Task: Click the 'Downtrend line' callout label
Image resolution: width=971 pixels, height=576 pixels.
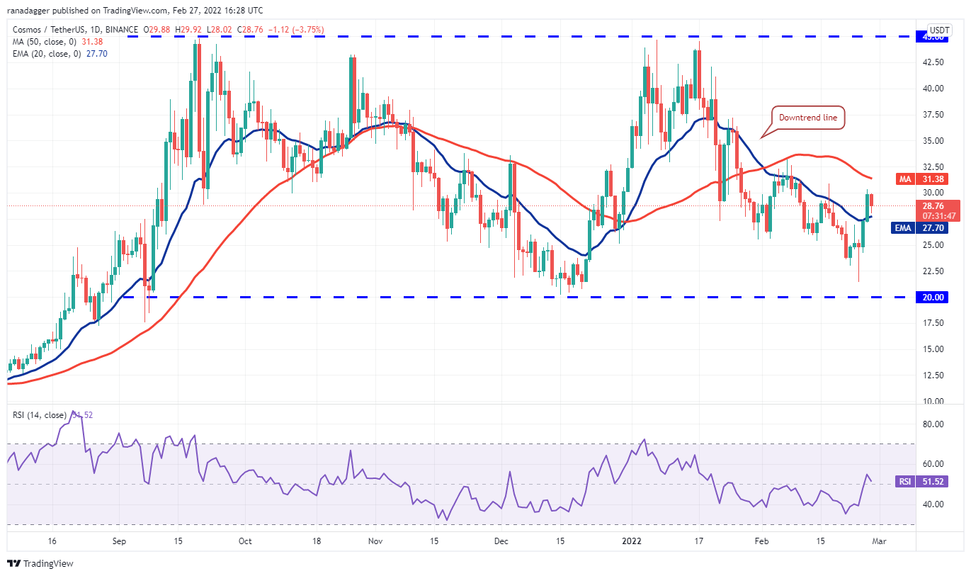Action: coord(809,118)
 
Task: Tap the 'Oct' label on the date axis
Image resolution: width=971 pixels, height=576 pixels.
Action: coord(245,541)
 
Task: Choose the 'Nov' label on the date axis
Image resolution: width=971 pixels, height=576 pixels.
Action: coord(375,541)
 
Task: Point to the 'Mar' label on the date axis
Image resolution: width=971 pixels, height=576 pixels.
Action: coord(876,541)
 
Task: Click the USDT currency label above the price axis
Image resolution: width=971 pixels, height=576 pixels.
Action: coord(939,30)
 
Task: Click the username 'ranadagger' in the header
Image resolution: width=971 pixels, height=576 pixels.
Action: coord(29,11)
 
